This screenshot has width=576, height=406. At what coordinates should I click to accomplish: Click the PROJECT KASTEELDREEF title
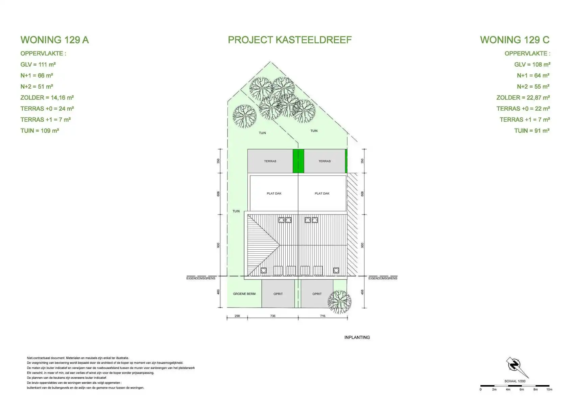[x=290, y=40]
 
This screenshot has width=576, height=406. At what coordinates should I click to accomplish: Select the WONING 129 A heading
[x=54, y=40]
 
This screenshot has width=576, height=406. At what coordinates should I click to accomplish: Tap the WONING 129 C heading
[x=515, y=40]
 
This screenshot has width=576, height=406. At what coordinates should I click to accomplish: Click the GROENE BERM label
[x=244, y=294]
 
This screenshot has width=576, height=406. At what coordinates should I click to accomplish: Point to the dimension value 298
[x=237, y=316]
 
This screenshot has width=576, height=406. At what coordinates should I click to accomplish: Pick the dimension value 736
[x=272, y=316]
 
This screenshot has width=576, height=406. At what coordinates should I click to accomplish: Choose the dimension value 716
[x=322, y=316]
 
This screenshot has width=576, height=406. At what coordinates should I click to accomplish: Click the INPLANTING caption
[x=357, y=337]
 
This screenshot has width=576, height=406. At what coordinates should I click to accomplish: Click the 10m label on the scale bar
[x=549, y=389]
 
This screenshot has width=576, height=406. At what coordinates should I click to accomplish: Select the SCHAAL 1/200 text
[x=515, y=381]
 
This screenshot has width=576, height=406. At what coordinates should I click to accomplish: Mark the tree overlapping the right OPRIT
[x=339, y=302]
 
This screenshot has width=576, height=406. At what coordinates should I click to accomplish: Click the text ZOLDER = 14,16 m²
[x=47, y=97]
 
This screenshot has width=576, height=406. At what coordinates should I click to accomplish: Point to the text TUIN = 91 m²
[x=532, y=131]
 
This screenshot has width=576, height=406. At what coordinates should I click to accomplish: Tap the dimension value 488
[x=362, y=292]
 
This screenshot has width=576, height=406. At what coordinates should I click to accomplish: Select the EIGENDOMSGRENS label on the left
[x=200, y=278]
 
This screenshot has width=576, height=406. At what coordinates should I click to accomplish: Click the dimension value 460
[x=218, y=292]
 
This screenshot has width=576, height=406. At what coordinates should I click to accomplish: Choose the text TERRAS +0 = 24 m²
[x=47, y=109]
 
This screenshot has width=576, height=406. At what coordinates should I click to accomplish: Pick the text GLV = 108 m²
[x=532, y=64]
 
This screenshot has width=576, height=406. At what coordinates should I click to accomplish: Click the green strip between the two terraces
[x=298, y=161]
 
